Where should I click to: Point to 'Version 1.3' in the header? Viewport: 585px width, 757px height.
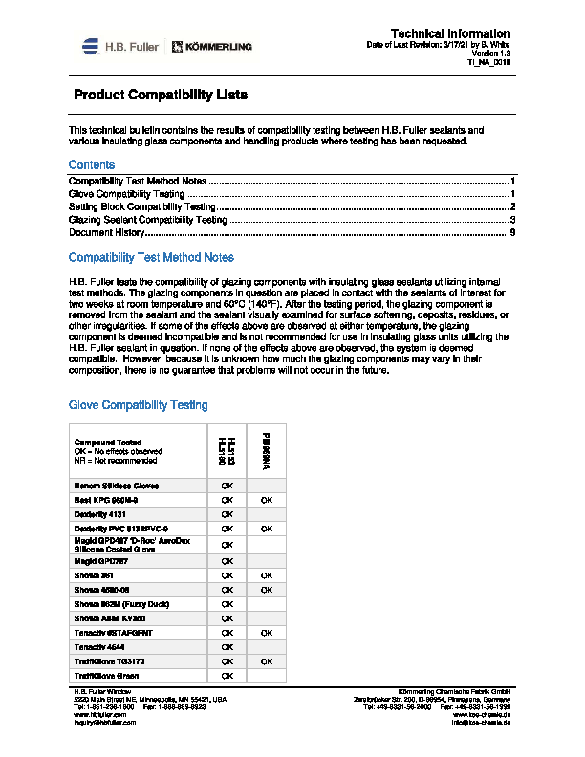[x=490, y=54]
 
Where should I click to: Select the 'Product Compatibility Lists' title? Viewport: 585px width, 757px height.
[x=161, y=96]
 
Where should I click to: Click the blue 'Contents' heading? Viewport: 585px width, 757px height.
[x=92, y=165]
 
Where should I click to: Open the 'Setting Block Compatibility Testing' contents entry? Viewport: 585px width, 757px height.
[x=142, y=206]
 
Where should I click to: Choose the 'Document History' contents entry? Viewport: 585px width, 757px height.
[x=106, y=232]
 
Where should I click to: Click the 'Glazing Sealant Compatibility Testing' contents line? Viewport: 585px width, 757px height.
[x=148, y=220]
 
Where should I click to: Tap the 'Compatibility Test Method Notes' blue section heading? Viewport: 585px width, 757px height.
[x=151, y=258]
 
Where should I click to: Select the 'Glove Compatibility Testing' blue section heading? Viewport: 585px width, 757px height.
[x=138, y=405]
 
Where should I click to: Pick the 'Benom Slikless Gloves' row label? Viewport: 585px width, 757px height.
[x=117, y=486]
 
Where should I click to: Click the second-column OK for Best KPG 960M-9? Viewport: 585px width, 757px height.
[x=267, y=500]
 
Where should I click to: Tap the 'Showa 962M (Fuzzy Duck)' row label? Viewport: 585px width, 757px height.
[x=122, y=604]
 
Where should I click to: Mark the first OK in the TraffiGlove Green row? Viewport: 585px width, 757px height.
[x=227, y=675]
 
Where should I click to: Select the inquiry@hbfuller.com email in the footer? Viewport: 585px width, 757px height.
[x=105, y=723]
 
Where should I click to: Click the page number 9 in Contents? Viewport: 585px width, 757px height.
[x=513, y=232]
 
